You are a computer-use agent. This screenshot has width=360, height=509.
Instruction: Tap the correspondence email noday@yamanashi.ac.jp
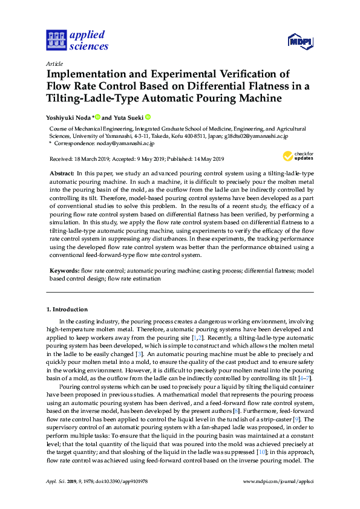127,143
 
